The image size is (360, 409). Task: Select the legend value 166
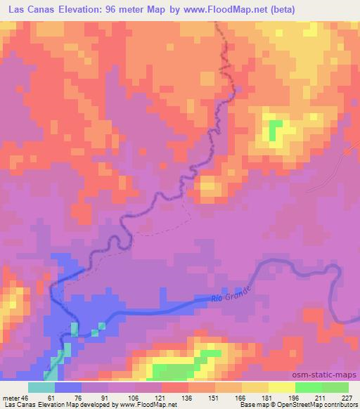pyautogui.click(x=241, y=398)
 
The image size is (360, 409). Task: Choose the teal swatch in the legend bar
pyautogui.click(x=41, y=387)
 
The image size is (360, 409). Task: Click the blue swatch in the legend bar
pyautogui.click(x=68, y=387)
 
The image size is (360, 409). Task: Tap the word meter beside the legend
pyautogui.click(x=11, y=398)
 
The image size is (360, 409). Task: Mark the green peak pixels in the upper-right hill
pyautogui.click(x=276, y=129)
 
